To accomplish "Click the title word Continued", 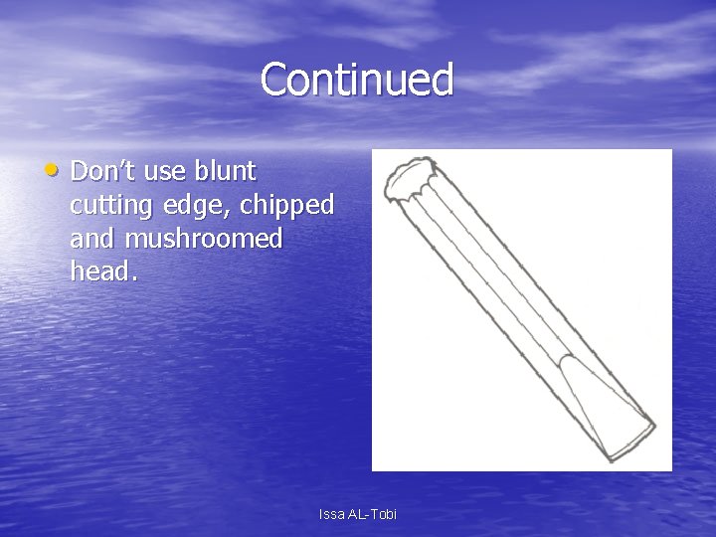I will coord(357,80).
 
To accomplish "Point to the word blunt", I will coord(225,171).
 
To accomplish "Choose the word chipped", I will coord(292,207).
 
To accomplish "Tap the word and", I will coord(92,239).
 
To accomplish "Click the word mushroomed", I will coord(203,239).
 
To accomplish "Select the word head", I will coord(97,270).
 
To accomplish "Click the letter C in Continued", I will coord(275,80).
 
